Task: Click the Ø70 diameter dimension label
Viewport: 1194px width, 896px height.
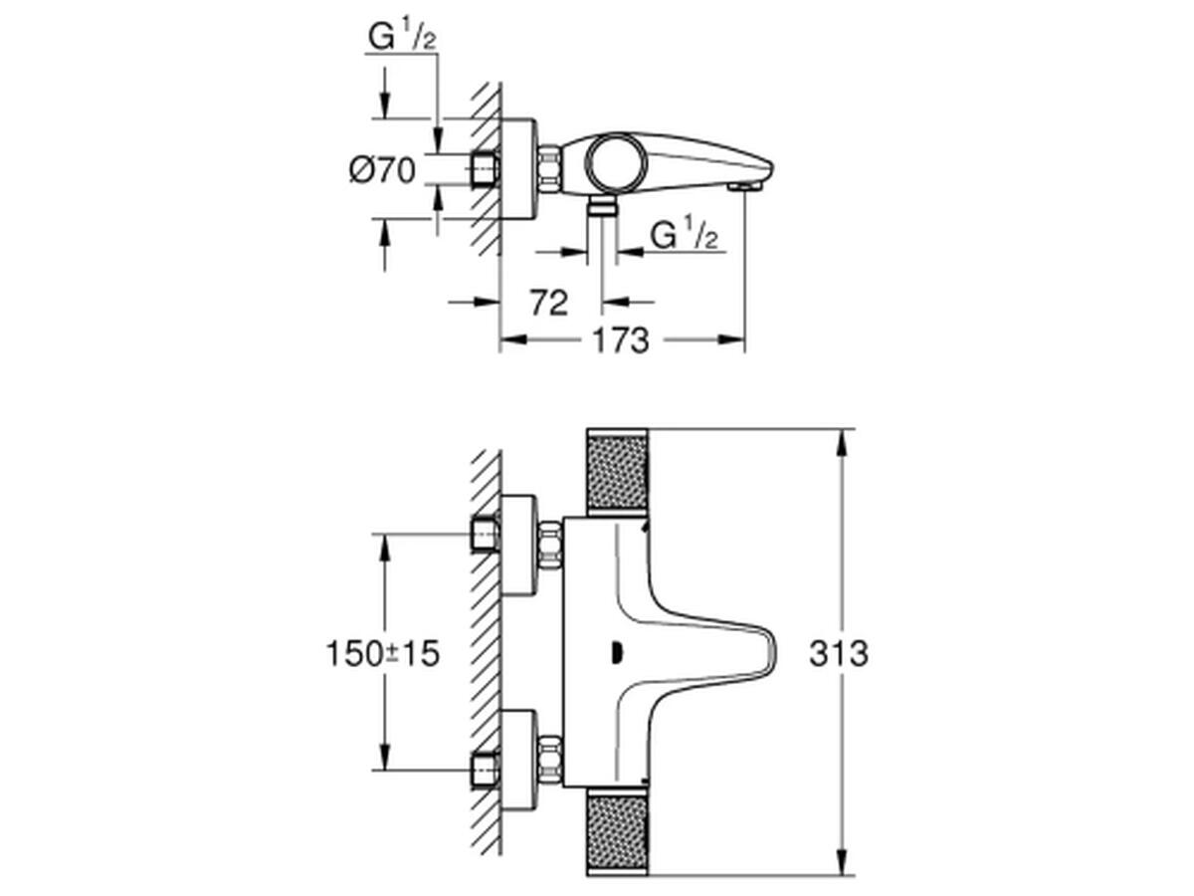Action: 382,170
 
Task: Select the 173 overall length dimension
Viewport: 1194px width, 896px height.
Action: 620,340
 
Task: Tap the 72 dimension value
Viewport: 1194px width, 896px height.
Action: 549,303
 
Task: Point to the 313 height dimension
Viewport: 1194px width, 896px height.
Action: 838,653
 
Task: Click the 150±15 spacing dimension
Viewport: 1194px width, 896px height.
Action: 382,653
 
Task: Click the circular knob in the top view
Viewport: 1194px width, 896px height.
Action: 616,162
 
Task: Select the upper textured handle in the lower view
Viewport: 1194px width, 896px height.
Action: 617,471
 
